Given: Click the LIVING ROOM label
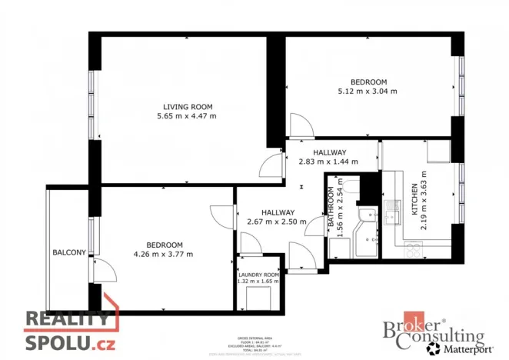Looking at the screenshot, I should (187, 106).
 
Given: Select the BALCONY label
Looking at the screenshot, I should (68, 253).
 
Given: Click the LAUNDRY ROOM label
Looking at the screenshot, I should (258, 275).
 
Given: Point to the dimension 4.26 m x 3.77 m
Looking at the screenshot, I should (163, 254).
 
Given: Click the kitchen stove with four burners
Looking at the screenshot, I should (414, 250).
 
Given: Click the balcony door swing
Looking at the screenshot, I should (103, 270).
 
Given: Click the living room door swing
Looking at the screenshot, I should (271, 165).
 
